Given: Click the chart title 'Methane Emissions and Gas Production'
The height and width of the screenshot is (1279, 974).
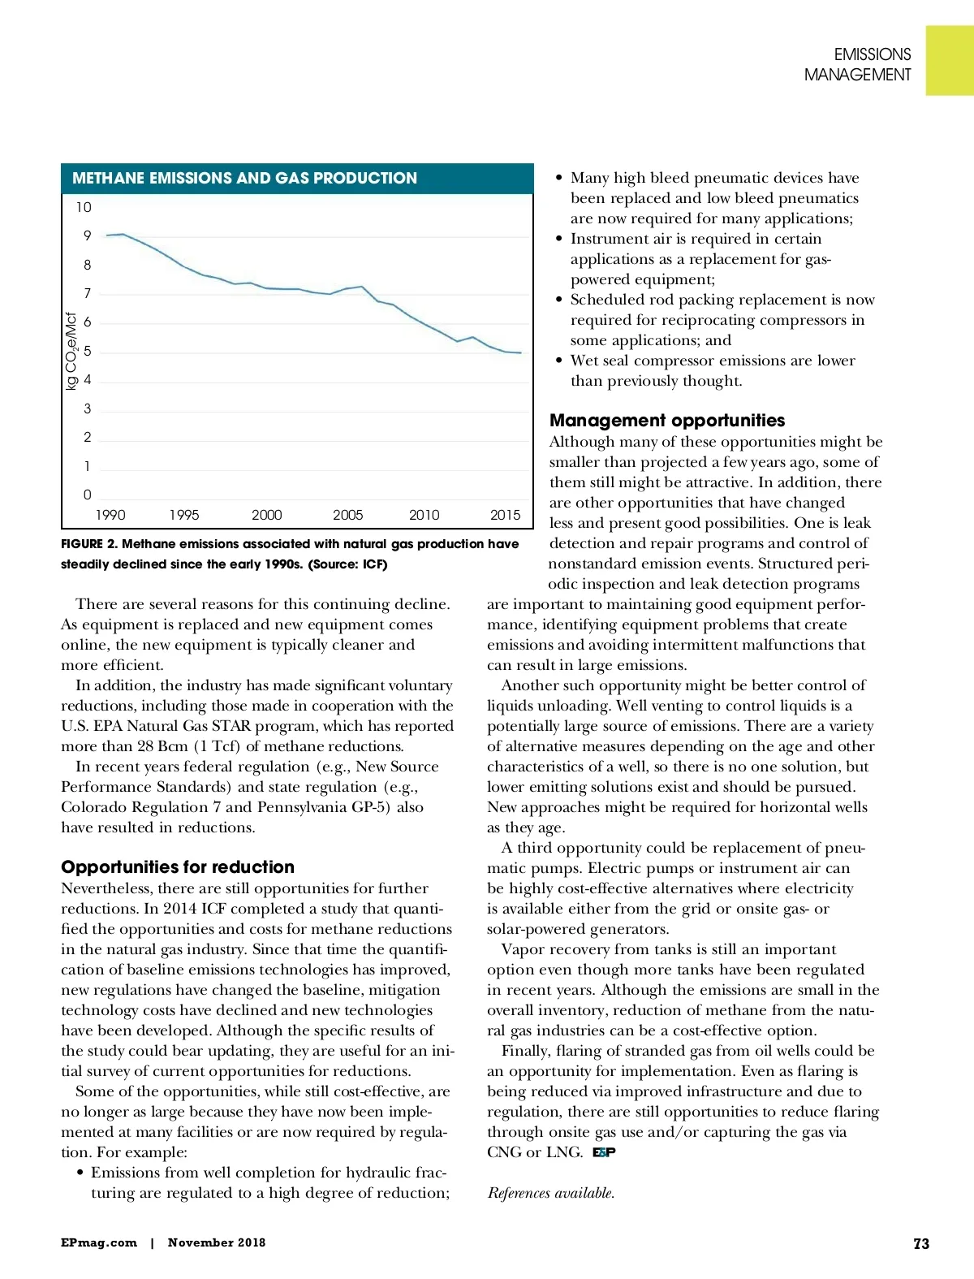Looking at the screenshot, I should (x=244, y=179).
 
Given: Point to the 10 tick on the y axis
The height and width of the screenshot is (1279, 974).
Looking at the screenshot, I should (x=84, y=208).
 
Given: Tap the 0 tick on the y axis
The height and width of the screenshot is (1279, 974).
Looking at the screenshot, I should (x=87, y=495).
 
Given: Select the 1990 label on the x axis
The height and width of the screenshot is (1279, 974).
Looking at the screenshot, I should (x=110, y=515).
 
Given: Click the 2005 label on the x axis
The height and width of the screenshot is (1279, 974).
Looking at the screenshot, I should (x=347, y=515).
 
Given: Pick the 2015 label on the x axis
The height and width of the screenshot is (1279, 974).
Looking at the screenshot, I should (x=505, y=515).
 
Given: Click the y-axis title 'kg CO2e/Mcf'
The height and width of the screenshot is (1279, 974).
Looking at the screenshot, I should (x=71, y=351).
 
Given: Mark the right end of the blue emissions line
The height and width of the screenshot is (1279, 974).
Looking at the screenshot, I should (x=520, y=352).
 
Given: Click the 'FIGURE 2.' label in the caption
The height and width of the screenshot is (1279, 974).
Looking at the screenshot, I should (x=88, y=544).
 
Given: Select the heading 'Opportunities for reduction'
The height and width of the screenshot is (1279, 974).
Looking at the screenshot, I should (x=178, y=866).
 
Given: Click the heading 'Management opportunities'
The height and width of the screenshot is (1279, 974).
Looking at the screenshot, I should (x=667, y=420).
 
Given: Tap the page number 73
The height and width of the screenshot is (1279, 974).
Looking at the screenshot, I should (x=921, y=1243).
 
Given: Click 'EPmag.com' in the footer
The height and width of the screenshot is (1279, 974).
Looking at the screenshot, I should (x=99, y=1242).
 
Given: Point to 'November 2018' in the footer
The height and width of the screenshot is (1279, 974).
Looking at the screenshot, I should (x=217, y=1242).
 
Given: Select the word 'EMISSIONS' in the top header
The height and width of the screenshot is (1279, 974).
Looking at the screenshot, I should (x=873, y=54).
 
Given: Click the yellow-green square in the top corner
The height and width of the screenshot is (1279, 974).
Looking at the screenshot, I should (x=950, y=61).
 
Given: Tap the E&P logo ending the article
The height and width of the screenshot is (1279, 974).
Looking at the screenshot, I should (x=604, y=1152).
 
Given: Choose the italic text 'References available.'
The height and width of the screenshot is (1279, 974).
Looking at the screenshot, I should (x=551, y=1193).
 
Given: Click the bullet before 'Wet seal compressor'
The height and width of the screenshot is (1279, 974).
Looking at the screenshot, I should (x=558, y=361).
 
